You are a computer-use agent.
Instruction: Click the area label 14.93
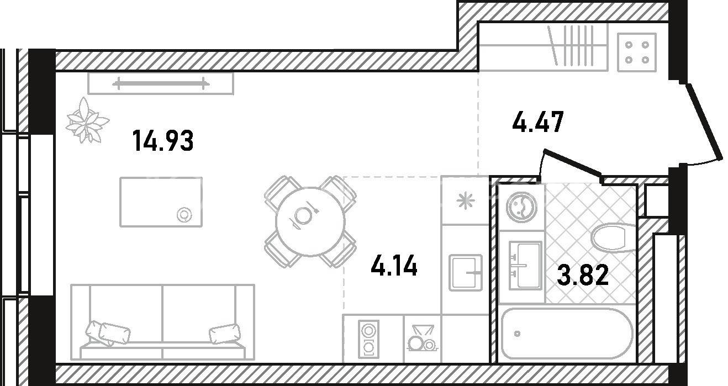[163, 141]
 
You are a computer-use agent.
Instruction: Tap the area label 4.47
[538, 122]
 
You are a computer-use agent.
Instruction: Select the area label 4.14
[394, 265]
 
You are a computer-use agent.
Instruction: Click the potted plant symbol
[87, 121]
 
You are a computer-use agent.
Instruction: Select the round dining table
[310, 221]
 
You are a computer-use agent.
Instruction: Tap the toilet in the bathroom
[613, 237]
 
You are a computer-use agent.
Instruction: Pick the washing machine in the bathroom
[521, 207]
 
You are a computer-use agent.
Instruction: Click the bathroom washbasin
[525, 265]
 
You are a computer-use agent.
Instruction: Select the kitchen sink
[466, 272]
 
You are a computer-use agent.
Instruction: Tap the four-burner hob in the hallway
[637, 52]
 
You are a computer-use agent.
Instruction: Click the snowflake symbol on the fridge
[466, 200]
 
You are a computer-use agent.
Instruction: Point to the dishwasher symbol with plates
[422, 339]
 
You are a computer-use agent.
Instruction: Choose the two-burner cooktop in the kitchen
[368, 340]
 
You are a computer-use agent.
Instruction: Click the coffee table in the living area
[161, 202]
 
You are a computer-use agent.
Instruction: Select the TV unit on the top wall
[161, 83]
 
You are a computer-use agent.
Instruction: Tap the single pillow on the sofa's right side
[225, 333]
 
